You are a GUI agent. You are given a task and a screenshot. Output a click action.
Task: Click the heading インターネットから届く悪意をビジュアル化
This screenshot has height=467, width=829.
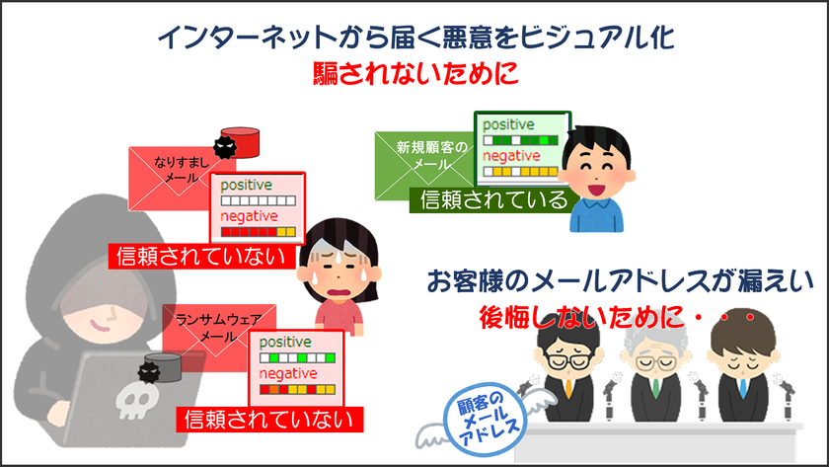(x=416, y=37)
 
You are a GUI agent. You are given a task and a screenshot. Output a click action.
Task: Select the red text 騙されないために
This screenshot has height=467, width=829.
(x=415, y=73)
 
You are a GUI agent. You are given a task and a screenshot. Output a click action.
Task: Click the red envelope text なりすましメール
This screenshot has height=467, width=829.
(x=182, y=169)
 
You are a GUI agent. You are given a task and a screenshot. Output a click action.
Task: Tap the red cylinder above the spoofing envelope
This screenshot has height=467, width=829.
(x=240, y=142)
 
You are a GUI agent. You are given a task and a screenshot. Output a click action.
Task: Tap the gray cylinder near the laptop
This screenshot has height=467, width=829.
(x=163, y=367)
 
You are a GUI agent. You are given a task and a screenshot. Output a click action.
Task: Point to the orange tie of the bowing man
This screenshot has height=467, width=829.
(x=568, y=388)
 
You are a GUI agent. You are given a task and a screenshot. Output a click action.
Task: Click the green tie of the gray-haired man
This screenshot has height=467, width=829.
(x=656, y=388)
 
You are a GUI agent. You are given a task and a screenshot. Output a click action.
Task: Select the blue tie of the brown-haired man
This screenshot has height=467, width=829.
(x=743, y=388)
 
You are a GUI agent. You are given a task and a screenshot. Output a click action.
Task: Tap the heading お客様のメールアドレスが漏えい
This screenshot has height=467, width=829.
(x=620, y=280)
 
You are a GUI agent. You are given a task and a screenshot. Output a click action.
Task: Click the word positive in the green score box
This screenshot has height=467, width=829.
(x=508, y=124)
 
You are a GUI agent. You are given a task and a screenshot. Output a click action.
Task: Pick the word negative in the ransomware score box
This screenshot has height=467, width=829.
(x=288, y=373)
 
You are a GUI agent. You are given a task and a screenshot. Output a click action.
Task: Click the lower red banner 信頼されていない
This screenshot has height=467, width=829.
(x=269, y=420)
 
